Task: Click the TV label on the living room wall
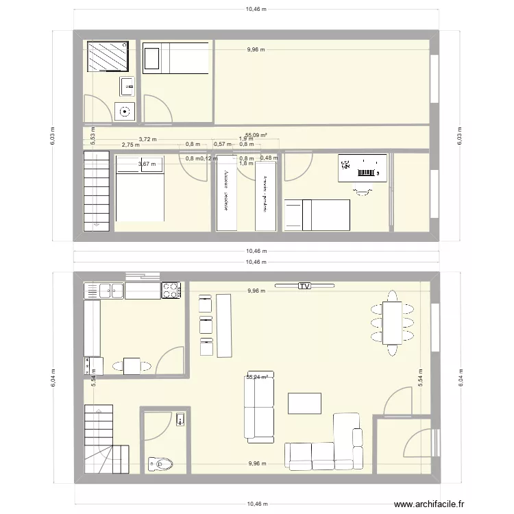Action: point(303,286)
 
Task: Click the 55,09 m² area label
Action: point(256,136)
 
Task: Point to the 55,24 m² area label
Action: point(257,376)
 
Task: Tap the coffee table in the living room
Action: point(304,403)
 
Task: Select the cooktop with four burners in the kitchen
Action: point(171,290)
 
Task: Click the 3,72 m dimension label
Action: point(147,139)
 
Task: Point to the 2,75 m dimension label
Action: point(130,145)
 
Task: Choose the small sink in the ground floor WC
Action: point(180,419)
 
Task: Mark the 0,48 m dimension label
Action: point(269,158)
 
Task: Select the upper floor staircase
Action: point(97,188)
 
